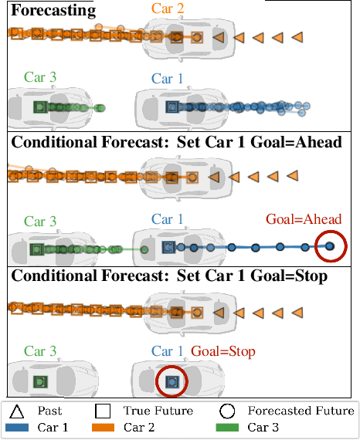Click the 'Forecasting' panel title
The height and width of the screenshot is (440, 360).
(x=53, y=11)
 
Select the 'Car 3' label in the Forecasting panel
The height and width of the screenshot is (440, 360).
(x=39, y=76)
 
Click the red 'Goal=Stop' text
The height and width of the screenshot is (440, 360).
(x=223, y=351)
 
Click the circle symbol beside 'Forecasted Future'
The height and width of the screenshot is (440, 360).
(x=226, y=411)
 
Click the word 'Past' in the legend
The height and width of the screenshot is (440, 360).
(x=50, y=411)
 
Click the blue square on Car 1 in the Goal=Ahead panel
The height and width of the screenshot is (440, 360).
(x=168, y=247)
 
